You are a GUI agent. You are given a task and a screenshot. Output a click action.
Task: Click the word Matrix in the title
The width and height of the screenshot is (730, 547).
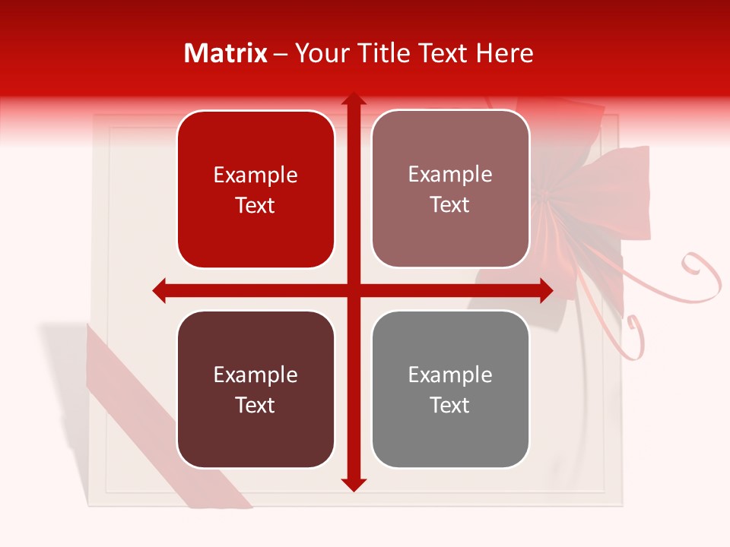point(226,53)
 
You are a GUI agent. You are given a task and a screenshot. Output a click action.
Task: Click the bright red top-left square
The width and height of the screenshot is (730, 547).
point(255,190)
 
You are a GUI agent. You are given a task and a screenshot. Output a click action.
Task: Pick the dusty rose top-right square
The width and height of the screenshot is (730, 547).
point(450,189)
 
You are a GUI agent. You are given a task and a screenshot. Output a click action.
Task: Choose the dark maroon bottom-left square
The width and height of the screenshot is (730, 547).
point(255,389)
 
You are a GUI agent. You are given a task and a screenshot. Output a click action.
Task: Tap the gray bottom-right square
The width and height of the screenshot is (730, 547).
point(450,389)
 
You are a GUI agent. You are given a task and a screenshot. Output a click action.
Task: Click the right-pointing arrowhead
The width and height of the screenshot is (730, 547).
point(546,290)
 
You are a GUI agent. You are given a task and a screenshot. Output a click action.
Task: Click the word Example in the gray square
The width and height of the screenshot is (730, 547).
point(450,375)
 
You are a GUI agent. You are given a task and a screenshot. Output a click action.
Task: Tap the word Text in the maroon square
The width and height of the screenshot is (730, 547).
point(255,405)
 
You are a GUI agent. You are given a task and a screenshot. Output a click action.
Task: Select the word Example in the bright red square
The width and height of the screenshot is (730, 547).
point(255,175)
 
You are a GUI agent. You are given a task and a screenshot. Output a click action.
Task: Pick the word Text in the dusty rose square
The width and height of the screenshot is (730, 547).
point(450,205)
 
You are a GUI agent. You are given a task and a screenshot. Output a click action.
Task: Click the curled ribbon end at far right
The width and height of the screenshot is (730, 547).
point(703,273)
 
